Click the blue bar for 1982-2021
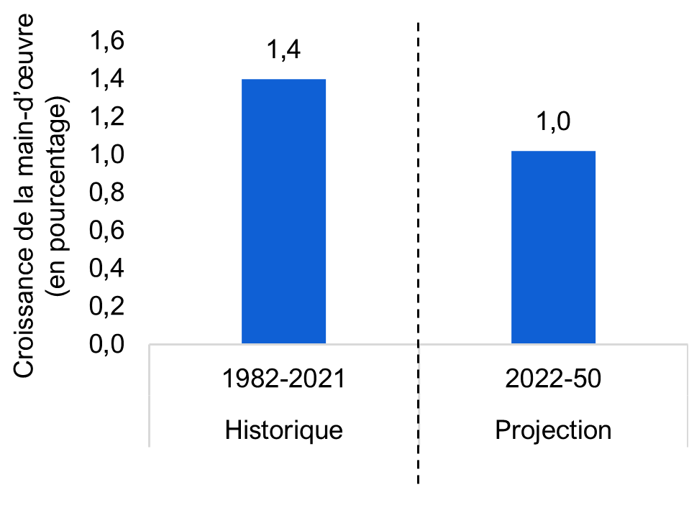click(x=283, y=211)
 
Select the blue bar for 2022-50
click(x=553, y=247)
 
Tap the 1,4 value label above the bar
click(x=283, y=49)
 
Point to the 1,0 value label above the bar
click(x=553, y=121)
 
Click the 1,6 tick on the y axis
click(x=106, y=40)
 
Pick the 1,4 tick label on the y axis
click(x=106, y=78)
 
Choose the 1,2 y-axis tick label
click(x=106, y=116)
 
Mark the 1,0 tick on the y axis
click(x=106, y=154)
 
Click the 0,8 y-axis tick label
click(x=106, y=193)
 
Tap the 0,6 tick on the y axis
click(x=106, y=230)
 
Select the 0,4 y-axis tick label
click(x=106, y=268)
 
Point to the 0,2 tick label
click(x=106, y=306)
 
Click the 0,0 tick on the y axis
click(x=106, y=343)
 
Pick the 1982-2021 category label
click(x=284, y=378)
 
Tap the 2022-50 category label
click(x=553, y=378)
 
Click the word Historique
click(x=284, y=430)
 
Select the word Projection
click(x=553, y=430)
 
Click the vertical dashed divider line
click(x=418, y=253)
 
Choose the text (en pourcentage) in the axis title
click(x=58, y=195)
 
